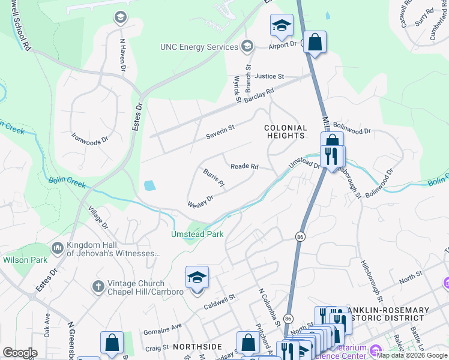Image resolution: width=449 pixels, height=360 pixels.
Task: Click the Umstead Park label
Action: point(197,234)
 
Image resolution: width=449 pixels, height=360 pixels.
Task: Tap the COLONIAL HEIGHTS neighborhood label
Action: point(286,132)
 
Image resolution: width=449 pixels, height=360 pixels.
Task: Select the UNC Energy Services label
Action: point(199,47)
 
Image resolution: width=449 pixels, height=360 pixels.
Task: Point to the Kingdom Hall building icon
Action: point(58,247)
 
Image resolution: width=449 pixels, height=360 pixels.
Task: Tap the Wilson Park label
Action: point(25,260)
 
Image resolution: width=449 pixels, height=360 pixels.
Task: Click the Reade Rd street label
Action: point(244,166)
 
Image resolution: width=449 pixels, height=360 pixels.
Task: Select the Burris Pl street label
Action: point(213,177)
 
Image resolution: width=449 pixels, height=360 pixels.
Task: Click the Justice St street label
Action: point(268,77)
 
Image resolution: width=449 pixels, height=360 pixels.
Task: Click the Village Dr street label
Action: point(98,218)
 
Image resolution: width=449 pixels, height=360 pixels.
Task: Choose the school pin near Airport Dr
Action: point(282,25)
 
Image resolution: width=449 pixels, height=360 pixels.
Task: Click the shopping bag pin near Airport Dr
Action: point(315,42)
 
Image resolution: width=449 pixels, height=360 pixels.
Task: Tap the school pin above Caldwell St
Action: point(197,277)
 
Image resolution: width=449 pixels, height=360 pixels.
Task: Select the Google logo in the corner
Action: point(20,353)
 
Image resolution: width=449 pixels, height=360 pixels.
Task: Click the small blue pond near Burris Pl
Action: point(149,185)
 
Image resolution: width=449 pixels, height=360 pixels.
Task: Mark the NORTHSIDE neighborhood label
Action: point(197,347)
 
